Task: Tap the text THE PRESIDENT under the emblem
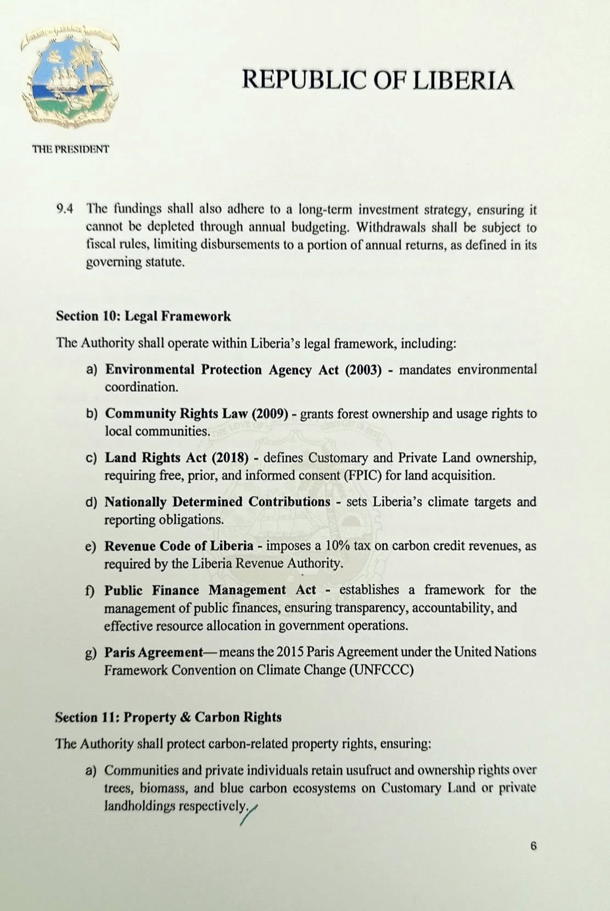coord(71,149)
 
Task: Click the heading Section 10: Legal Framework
coord(143,316)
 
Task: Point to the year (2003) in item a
coord(363,370)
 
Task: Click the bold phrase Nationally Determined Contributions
coord(217,502)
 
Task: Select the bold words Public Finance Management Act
coord(210,590)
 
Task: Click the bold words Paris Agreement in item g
coord(154,652)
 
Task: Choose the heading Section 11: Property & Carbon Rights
coord(168,717)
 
